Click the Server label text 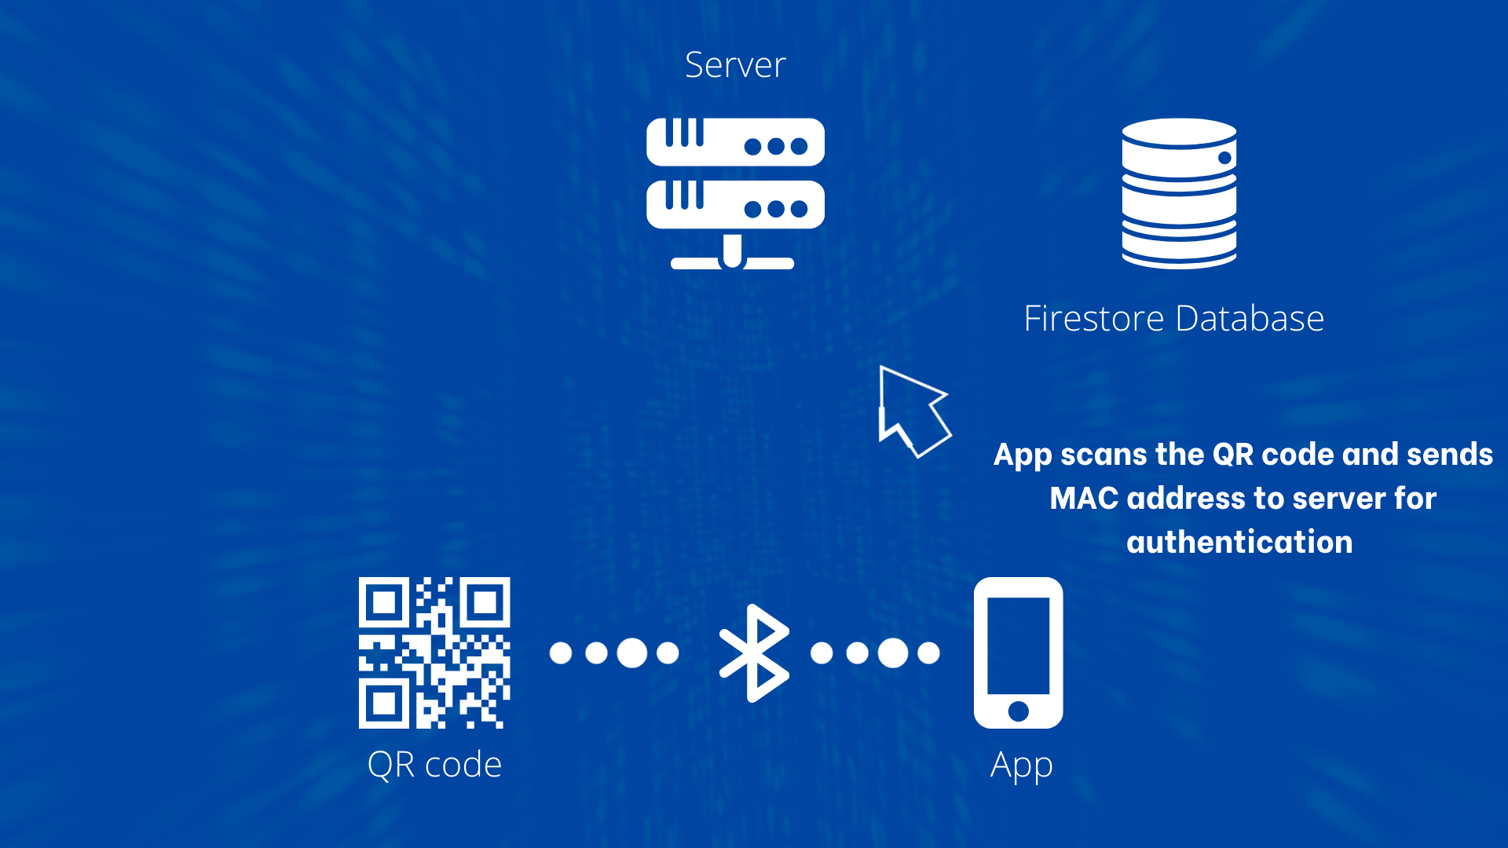click(735, 64)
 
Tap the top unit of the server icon click(735, 142)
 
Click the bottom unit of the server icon click(735, 204)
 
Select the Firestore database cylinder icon click(1179, 193)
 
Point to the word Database click(1250, 319)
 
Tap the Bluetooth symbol click(755, 652)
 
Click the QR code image click(434, 652)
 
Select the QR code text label click(434, 764)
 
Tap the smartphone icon click(1018, 652)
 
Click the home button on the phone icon click(1018, 711)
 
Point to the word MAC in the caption click(1084, 499)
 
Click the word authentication click(1239, 543)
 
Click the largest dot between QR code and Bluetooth click(632, 652)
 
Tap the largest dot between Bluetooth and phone click(893, 652)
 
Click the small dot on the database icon click(1224, 158)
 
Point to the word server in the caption click(1339, 499)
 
